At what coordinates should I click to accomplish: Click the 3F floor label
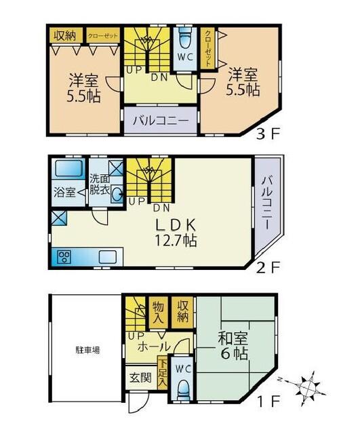click(268, 134)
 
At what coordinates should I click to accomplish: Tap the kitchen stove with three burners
click(64, 257)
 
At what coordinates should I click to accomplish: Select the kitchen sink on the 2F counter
click(108, 257)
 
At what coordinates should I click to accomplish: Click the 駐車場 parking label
click(87, 351)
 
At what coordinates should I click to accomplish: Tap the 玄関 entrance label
click(141, 377)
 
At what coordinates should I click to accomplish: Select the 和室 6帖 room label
click(233, 346)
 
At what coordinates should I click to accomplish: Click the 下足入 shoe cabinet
click(162, 376)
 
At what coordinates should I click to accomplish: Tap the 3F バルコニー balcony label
click(161, 121)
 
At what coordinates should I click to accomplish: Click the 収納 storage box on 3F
click(65, 35)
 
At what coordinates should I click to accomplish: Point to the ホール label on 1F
click(153, 347)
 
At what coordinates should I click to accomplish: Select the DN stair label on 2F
click(161, 208)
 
